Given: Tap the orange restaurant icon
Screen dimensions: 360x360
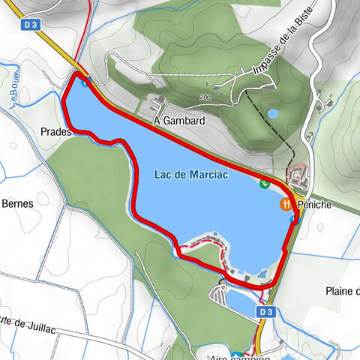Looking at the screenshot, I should (286, 204).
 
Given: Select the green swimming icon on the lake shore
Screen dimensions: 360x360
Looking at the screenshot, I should (264, 184).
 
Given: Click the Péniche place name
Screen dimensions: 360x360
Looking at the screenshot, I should (315, 204).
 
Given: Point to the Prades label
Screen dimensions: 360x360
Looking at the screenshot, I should (57, 131).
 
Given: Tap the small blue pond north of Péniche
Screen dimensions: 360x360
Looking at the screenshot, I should (272, 114).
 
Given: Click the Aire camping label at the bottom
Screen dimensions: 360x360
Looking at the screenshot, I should (240, 355).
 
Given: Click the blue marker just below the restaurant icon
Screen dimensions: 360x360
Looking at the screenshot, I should (292, 218).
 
